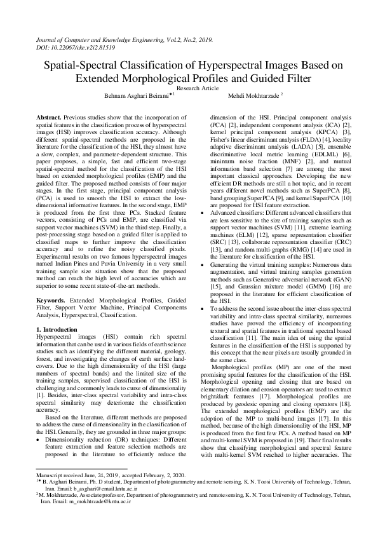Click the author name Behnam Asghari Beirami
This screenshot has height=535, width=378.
(131, 96)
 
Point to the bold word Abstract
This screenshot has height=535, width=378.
(48, 118)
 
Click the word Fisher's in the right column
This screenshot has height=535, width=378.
(220, 139)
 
